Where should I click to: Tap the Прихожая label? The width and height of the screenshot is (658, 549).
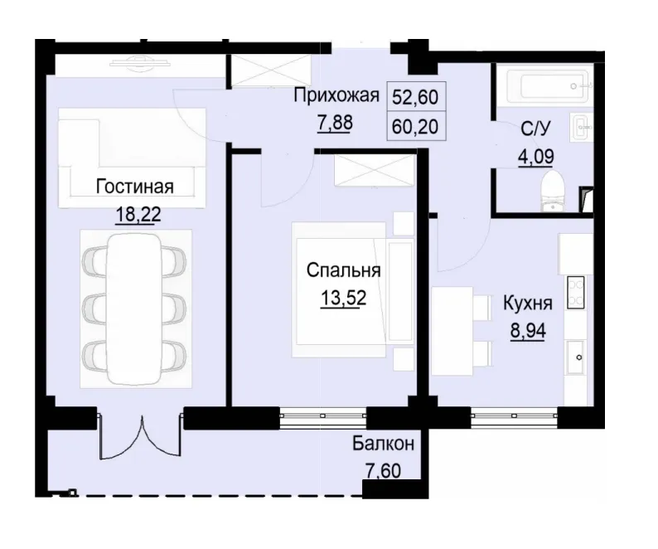(336, 95)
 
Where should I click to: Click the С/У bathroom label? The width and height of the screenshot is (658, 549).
(536, 129)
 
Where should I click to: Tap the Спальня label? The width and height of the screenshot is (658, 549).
(343, 270)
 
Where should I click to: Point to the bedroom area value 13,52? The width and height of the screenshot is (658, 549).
(343, 299)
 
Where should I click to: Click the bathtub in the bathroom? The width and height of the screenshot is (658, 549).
(542, 85)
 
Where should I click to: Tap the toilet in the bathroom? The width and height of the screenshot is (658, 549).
(550, 190)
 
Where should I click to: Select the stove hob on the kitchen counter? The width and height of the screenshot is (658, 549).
(575, 293)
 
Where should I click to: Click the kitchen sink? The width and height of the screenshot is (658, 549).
(576, 358)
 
